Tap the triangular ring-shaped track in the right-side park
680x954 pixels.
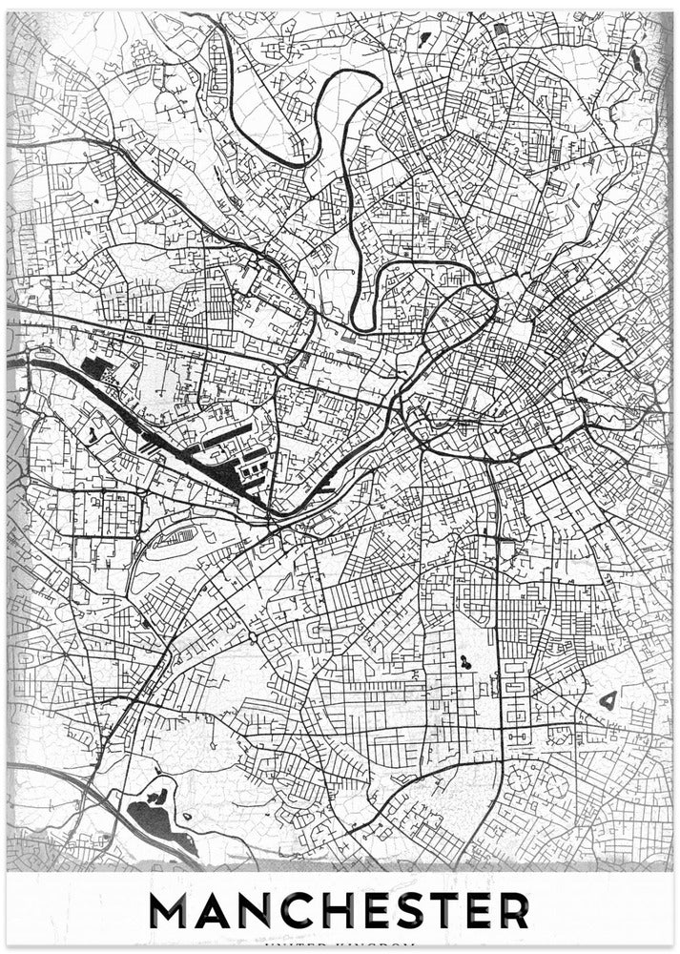[608, 701]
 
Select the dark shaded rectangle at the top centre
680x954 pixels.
[502, 30]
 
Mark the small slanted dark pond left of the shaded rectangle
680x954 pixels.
[425, 39]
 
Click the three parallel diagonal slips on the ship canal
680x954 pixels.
[153, 442]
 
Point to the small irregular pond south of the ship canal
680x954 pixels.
[93, 435]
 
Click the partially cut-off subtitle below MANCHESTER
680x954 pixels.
[340, 946]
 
